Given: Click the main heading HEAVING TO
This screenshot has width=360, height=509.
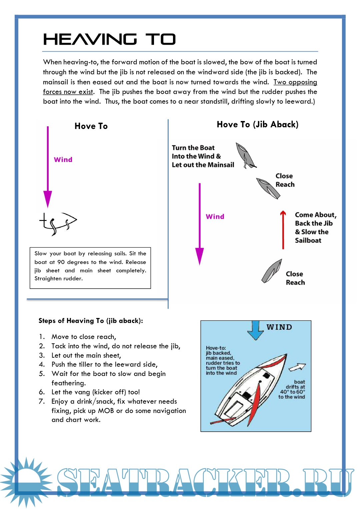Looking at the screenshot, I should [109, 39].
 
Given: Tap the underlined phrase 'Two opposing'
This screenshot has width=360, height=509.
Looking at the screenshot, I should [295, 82].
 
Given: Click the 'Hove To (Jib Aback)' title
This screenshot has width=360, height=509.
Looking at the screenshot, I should [257, 124].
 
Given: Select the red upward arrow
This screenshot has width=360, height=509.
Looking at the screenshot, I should [283, 230].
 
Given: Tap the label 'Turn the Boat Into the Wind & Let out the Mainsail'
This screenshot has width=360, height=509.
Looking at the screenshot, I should [203, 156].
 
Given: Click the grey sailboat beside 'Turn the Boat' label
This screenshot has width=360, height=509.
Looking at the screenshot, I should [245, 155].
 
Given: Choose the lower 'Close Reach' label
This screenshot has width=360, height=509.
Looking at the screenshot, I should [295, 278].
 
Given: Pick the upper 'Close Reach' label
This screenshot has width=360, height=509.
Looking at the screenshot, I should [285, 180].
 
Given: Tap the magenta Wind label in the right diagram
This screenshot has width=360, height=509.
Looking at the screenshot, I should [215, 217].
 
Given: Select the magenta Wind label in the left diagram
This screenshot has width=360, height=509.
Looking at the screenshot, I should [63, 160].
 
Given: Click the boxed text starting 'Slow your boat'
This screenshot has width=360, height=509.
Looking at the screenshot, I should [90, 266].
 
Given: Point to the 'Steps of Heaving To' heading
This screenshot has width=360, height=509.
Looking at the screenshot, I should [91, 321].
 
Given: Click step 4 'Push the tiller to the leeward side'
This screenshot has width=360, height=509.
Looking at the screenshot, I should [104, 364].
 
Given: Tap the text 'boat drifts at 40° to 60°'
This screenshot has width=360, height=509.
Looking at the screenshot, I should [292, 389].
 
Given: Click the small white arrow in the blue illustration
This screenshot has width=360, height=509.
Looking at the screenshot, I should [297, 367].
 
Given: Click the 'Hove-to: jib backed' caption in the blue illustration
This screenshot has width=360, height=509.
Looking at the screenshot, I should [223, 360].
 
